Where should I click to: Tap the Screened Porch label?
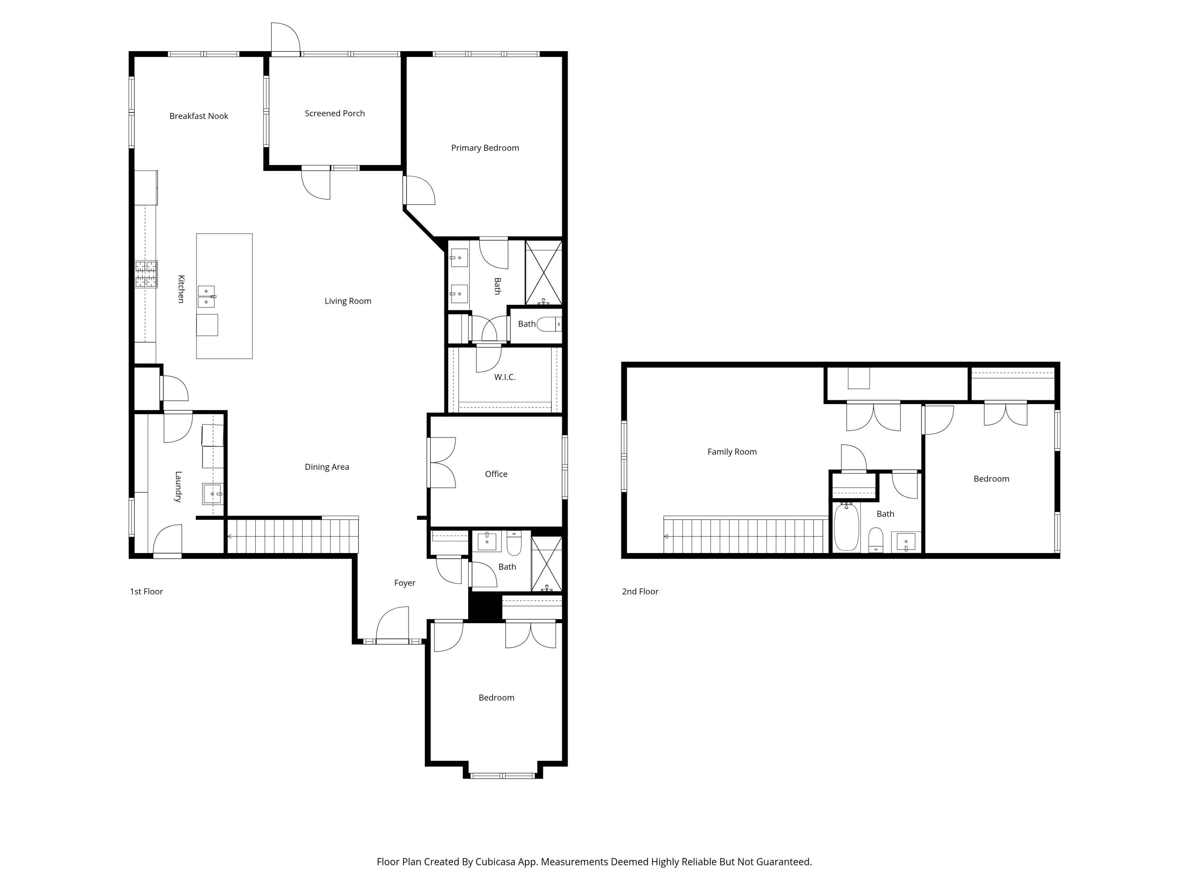(335, 113)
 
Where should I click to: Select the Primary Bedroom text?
(485, 148)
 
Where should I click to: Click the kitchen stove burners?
(146, 274)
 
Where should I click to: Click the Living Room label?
(348, 301)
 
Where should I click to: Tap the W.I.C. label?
(505, 377)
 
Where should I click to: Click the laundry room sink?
(212, 494)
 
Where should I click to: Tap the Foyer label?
(404, 583)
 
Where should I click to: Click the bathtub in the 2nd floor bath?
(846, 527)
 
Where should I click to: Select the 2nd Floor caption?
(640, 591)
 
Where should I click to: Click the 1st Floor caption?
(146, 591)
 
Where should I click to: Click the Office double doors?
(442, 463)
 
